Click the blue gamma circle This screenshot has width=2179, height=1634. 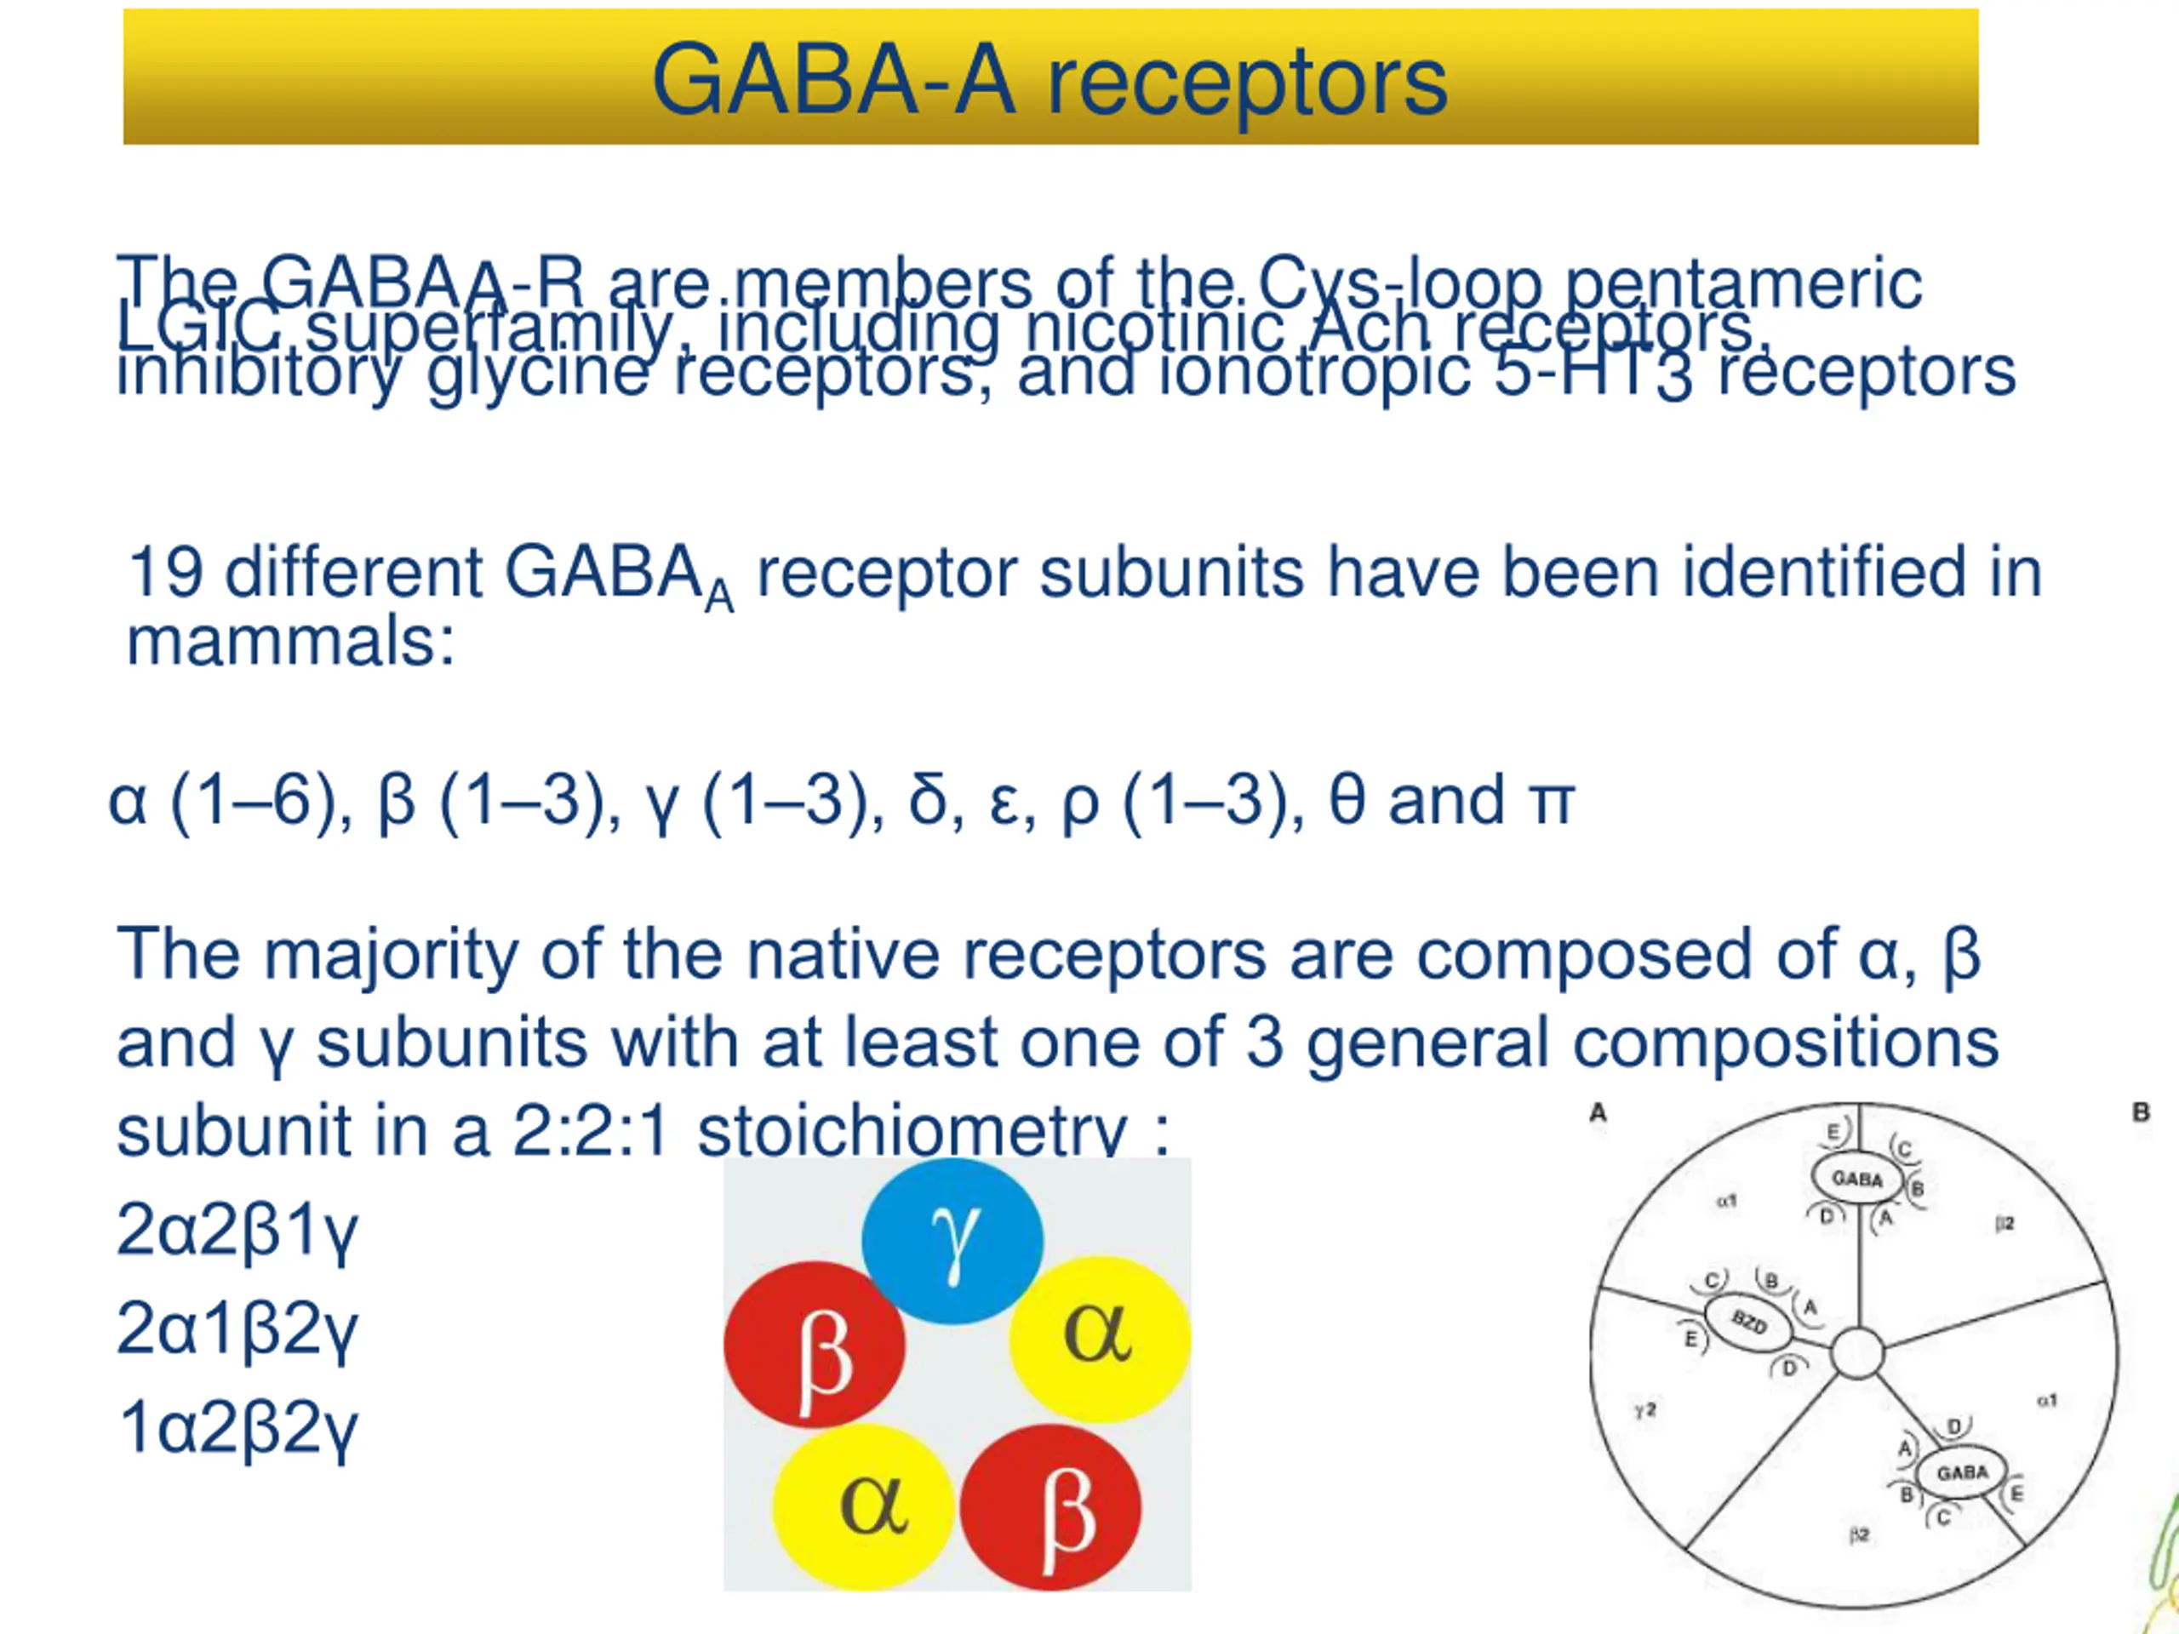pos(952,1241)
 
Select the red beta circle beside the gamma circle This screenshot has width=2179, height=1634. pos(815,1345)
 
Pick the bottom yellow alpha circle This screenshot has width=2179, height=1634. pos(864,1507)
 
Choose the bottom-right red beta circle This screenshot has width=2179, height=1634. pos(1051,1508)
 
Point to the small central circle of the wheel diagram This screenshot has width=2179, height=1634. pos(1857,1353)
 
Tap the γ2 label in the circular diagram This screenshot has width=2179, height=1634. pos(1645,1410)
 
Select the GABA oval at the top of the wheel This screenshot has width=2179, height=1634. pos(1857,1179)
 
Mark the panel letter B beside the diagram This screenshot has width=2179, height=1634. pos(2141,1113)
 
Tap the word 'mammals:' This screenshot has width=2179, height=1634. pos(290,643)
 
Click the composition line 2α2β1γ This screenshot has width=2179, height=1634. pos(237,1231)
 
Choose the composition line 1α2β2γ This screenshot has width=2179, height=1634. pos(237,1428)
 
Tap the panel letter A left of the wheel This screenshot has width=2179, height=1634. pos(1598,1113)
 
